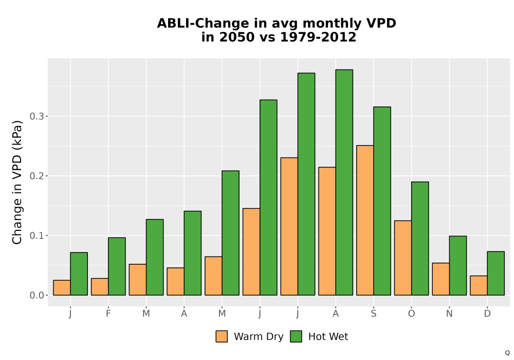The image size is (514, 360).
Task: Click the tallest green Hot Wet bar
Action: coord(344,182)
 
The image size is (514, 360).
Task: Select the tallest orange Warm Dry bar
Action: coord(365,220)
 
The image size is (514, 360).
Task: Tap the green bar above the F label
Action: coord(117,266)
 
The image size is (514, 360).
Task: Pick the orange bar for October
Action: coord(403,258)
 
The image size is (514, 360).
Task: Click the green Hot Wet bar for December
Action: coord(495,274)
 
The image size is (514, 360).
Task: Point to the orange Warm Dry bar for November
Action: coord(441,279)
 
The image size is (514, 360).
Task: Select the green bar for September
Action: coord(382,201)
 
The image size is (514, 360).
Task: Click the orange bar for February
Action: coord(100,286)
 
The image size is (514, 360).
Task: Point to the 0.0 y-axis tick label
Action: coord(36,295)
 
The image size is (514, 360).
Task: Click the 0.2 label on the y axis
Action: coord(36,176)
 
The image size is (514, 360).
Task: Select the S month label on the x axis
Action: coord(373,314)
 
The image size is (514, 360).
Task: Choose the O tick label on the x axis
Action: coord(411,314)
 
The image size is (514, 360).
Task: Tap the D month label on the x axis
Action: coord(487,314)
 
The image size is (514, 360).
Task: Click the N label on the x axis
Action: coord(449,314)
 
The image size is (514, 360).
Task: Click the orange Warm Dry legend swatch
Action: coord(222,336)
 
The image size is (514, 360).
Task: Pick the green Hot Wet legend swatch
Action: coord(296,336)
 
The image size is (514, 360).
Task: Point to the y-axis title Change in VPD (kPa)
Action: coord(17,183)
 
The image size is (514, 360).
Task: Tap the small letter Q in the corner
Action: coord(507,353)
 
